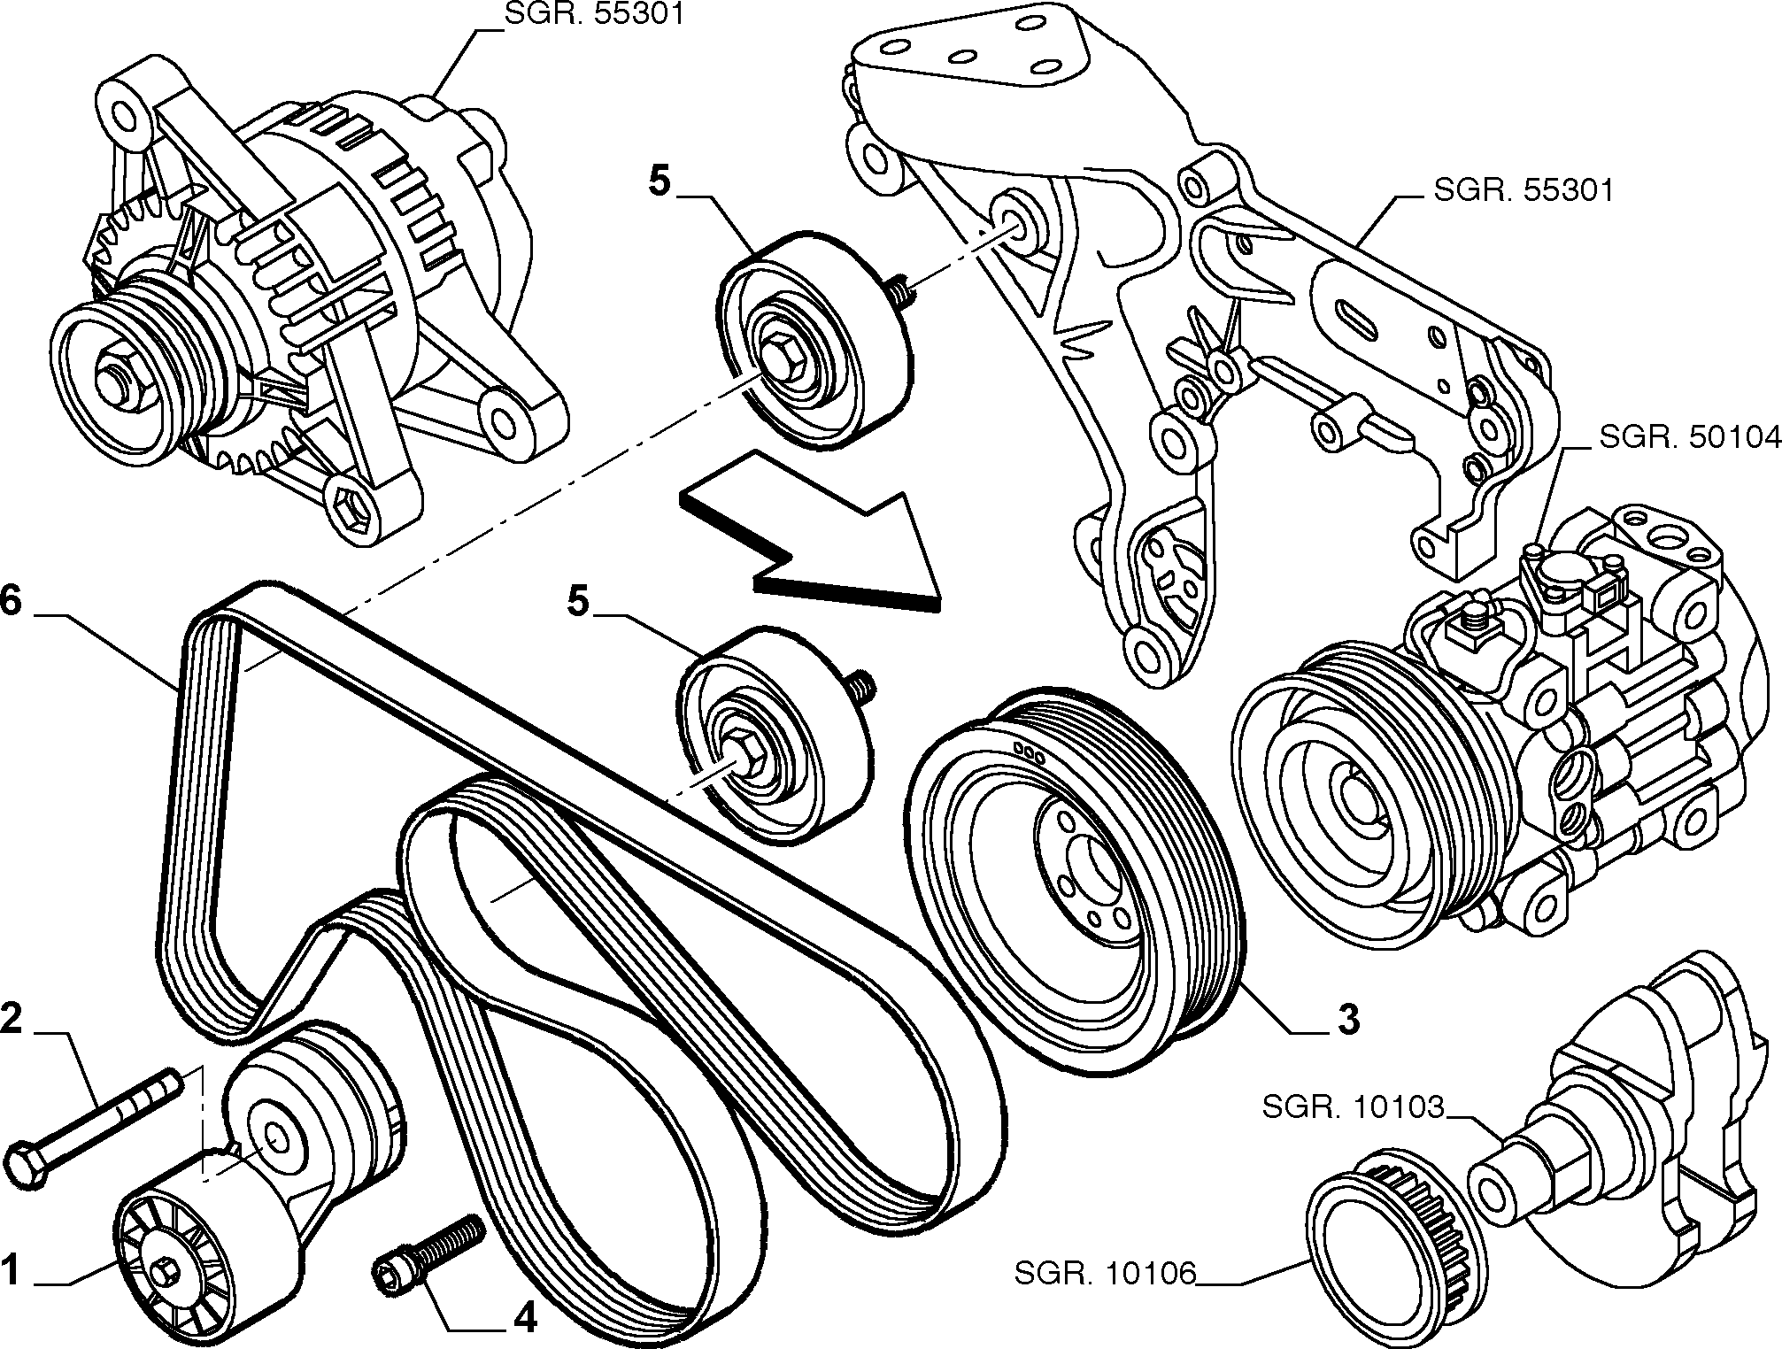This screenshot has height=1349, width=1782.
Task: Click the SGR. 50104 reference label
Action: point(1688,437)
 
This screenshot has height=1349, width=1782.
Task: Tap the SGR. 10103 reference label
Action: point(1354,1108)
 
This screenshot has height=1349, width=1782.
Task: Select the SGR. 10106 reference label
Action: point(1106,1275)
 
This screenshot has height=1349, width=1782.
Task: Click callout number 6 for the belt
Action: point(10,601)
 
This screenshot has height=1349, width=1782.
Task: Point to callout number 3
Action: point(1346,1021)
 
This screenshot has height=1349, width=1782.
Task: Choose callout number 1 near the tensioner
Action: point(10,1272)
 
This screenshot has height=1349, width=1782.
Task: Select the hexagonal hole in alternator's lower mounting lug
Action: point(354,512)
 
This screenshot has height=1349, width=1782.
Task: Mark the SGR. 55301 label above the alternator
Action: point(595,15)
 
